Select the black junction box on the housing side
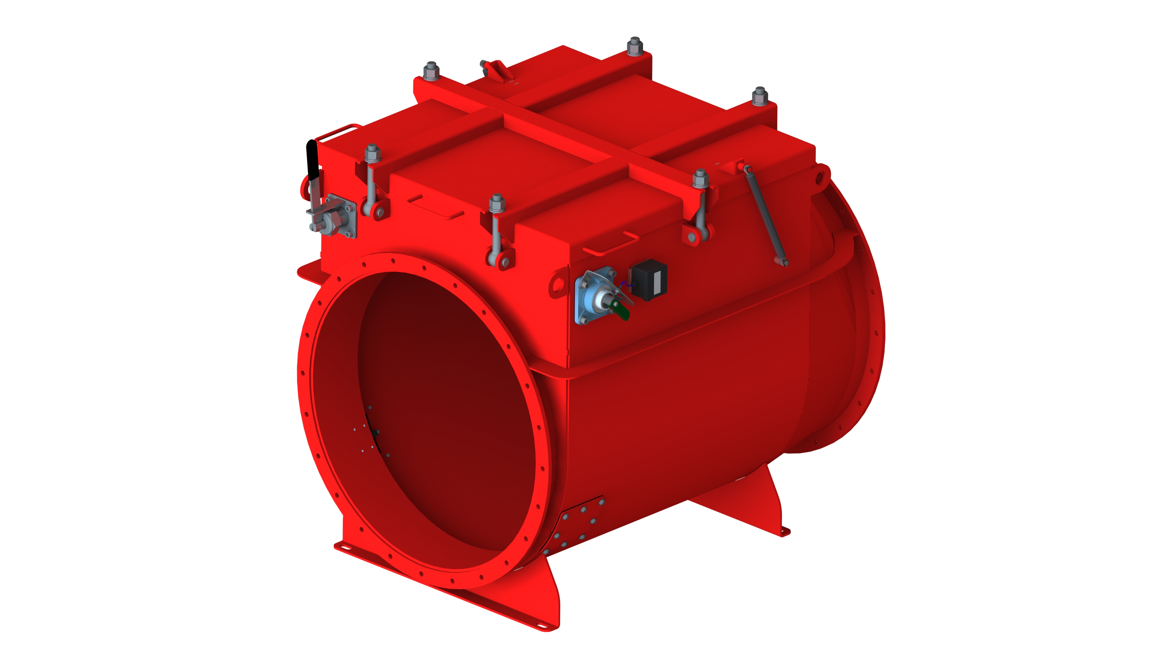click(x=649, y=280)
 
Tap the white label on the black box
click(x=658, y=281)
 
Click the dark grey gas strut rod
click(x=766, y=215)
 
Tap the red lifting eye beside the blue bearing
click(x=558, y=284)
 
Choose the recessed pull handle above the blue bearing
click(x=610, y=244)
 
